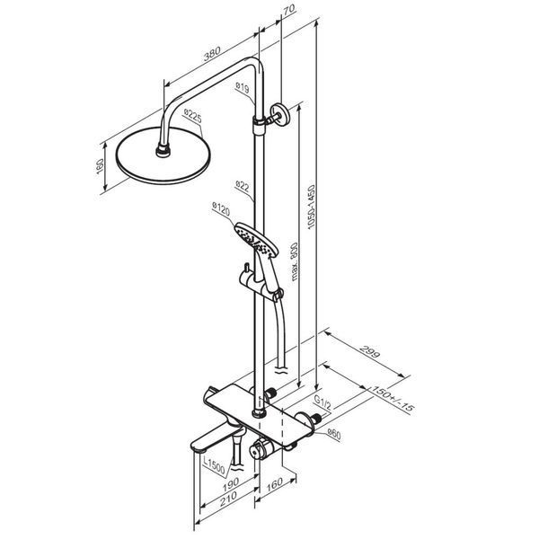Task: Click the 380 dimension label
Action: tap(212, 54)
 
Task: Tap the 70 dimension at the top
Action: tap(288, 9)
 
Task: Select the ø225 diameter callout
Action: tap(192, 116)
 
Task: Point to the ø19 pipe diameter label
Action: tap(243, 87)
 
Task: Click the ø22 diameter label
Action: tap(243, 186)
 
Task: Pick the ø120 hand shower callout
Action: tap(221, 208)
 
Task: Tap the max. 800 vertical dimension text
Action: tap(295, 261)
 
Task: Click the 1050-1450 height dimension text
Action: tap(311, 207)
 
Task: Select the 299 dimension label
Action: tap(370, 350)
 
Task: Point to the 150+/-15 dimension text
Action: tap(393, 398)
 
